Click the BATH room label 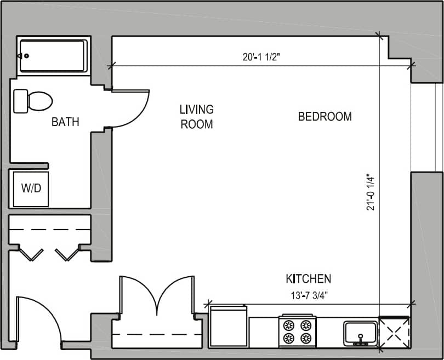pos(65,122)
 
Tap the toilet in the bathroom pos(33,101)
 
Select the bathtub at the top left pos(53,55)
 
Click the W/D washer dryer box pos(31,188)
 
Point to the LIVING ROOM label pos(196,117)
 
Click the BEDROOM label pos(325,117)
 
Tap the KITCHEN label pos(308,278)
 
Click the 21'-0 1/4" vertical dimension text pos(372,192)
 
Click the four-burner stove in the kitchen pos(297,332)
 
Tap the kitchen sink pos(360,333)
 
